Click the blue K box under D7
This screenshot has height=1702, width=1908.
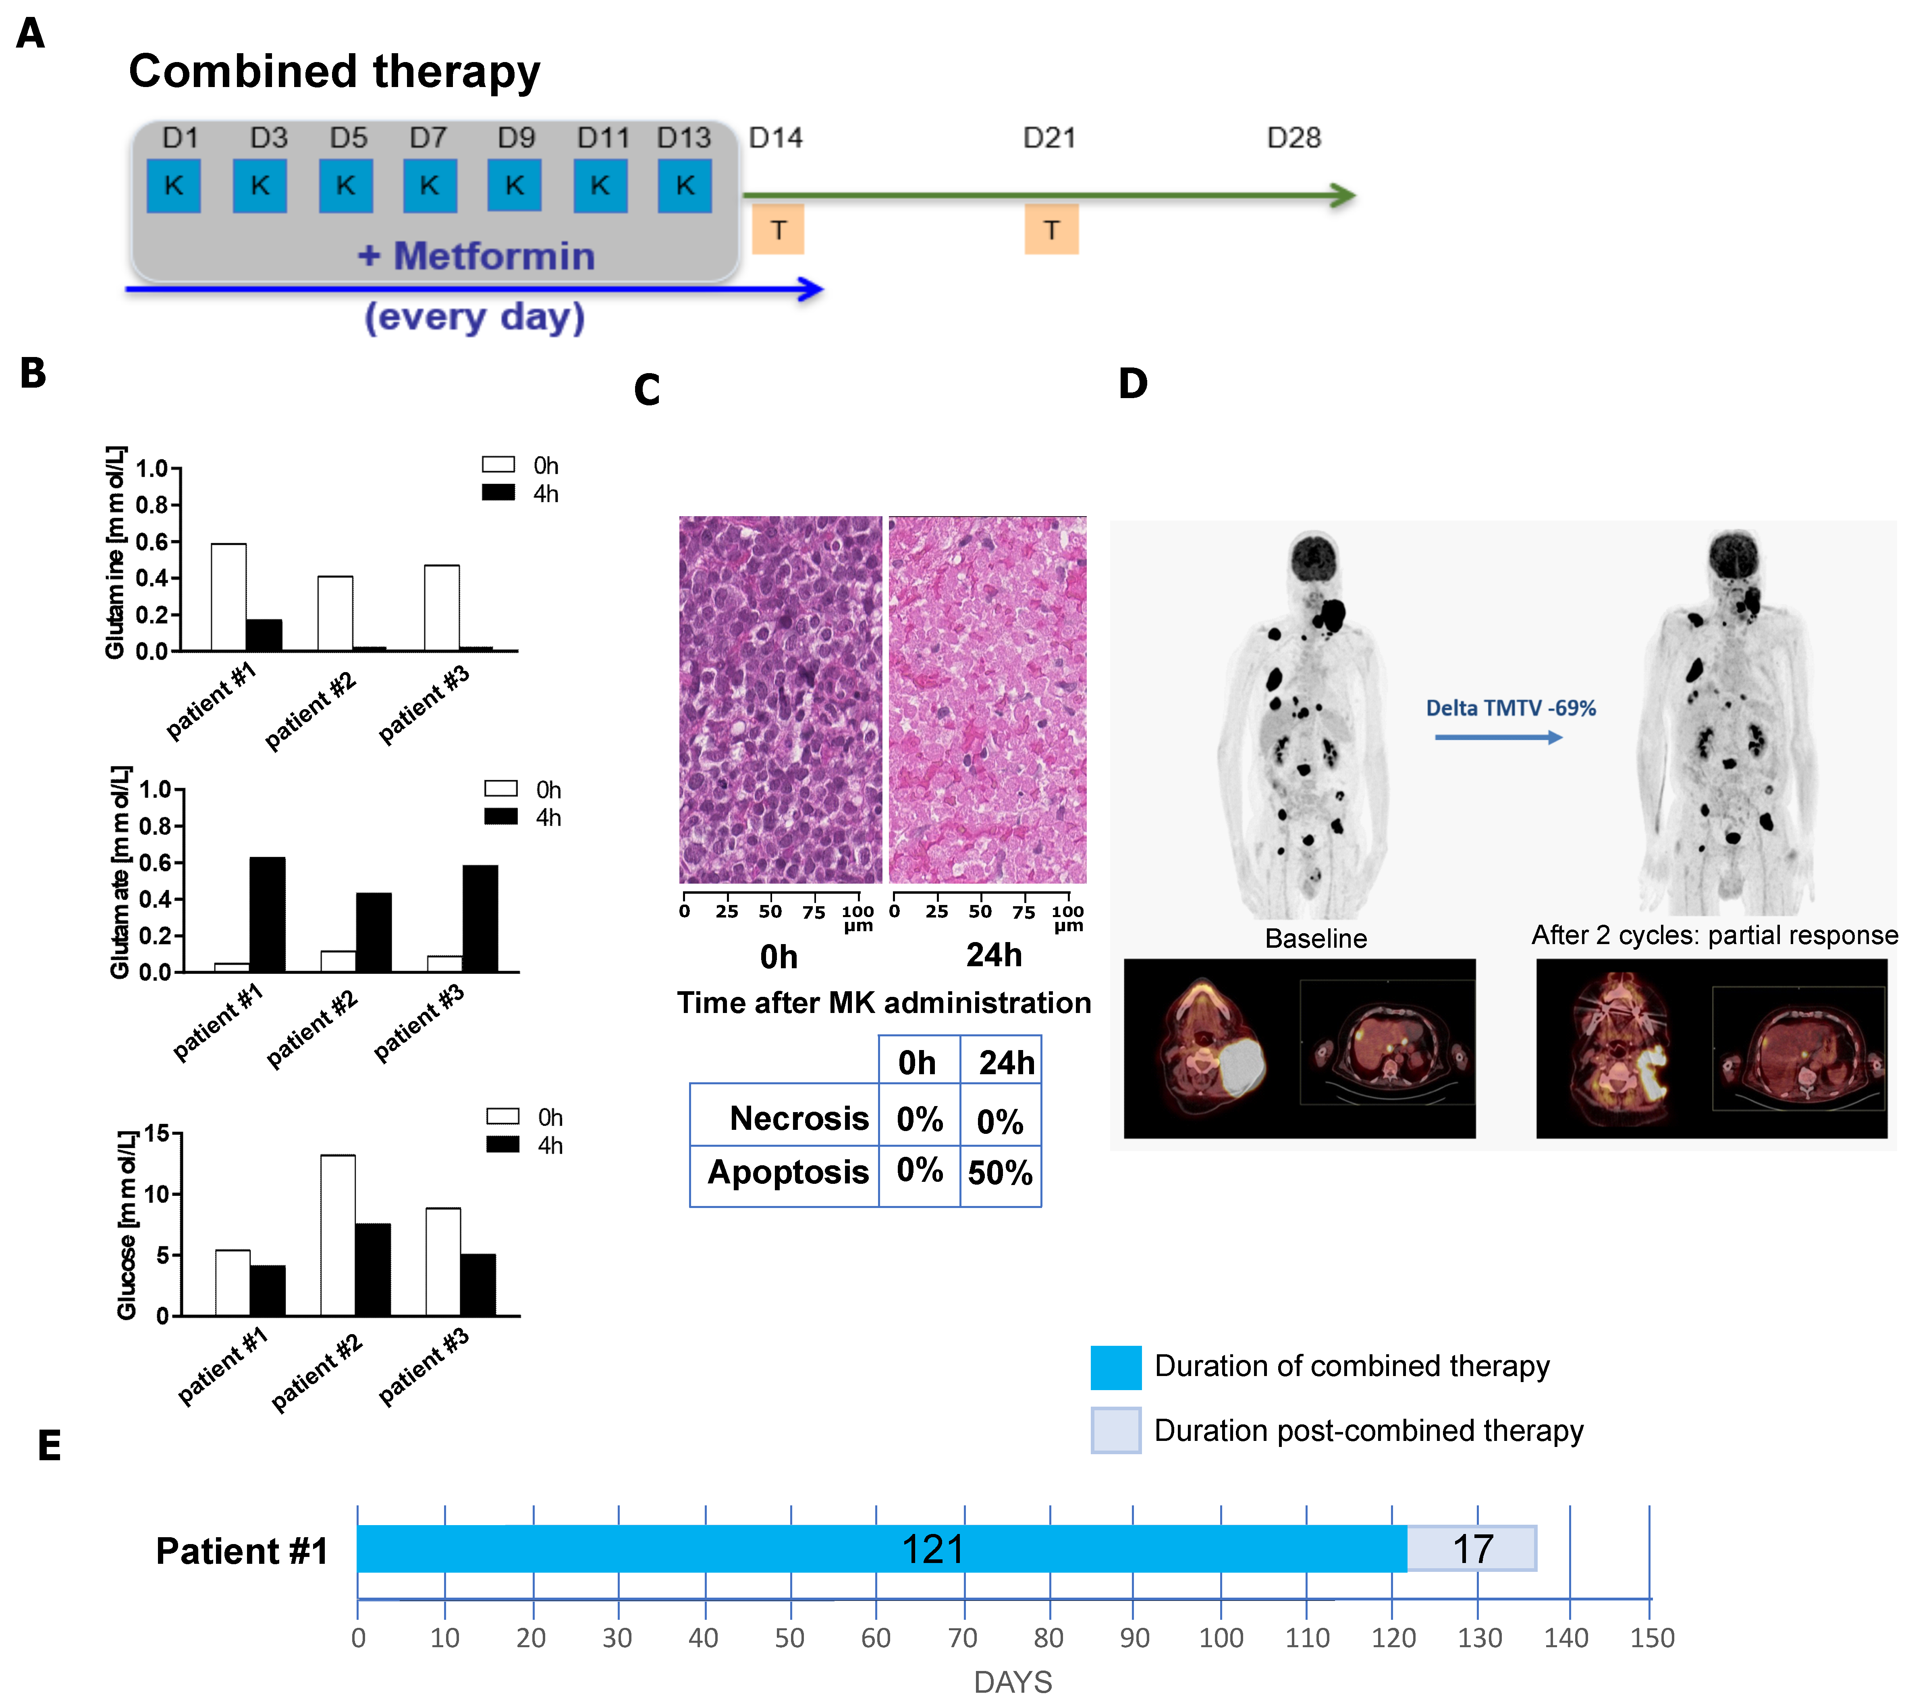pos(429,186)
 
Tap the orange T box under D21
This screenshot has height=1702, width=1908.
pos(1051,230)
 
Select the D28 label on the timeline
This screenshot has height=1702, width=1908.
pos(1293,138)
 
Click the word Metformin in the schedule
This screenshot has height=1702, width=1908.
pos(494,256)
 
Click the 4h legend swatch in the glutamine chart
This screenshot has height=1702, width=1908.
pos(498,493)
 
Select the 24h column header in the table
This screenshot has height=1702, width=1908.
pos(1006,1063)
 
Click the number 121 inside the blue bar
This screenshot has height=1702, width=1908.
pos(932,1550)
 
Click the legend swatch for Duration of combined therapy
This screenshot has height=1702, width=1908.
pos(1116,1367)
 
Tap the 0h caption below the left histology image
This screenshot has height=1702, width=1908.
pos(778,957)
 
